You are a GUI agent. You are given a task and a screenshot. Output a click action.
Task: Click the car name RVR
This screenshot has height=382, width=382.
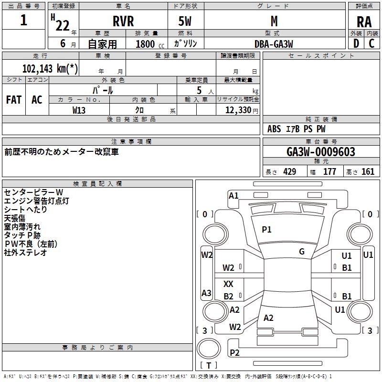coord(123,21)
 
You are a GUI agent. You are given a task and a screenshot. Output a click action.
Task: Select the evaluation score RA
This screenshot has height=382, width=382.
coord(364,22)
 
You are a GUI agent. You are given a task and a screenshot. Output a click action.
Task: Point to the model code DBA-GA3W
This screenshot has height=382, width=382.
coord(274,43)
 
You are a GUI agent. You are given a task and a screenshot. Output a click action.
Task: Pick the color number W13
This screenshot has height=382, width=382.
coord(79,109)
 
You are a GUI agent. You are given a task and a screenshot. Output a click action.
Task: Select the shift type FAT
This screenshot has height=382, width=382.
coord(14,99)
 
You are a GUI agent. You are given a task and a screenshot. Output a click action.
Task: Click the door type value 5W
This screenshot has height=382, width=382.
coord(186,21)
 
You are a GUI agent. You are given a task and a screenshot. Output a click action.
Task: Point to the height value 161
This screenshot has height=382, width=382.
coord(368,172)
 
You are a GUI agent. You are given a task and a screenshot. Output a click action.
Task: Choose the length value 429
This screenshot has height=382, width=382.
coord(289,172)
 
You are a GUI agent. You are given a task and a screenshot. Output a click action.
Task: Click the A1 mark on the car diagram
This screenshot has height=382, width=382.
coord(233,195)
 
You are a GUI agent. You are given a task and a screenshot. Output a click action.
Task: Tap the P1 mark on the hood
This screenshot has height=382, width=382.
coord(266,230)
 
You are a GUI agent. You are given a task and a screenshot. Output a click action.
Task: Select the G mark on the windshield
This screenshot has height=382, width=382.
coord(302,252)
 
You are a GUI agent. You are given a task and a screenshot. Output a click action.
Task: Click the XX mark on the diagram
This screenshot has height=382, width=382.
coord(229,284)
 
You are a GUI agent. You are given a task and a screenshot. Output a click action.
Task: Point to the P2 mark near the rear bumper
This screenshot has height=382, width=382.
coord(234,352)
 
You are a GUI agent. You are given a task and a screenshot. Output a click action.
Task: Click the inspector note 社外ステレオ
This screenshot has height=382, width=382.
coord(26,253)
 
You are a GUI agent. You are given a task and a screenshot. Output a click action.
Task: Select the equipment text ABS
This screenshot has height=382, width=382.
coord(274,129)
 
